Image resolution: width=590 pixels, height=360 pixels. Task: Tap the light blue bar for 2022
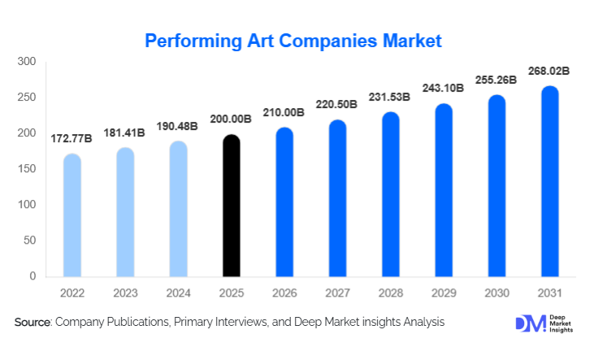point(72,216)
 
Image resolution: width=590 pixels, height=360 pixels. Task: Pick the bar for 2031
point(549,182)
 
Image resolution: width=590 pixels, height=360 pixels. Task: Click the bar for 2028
point(390,195)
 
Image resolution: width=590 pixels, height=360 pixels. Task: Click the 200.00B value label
point(232,119)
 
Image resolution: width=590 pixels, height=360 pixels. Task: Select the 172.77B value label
point(72,138)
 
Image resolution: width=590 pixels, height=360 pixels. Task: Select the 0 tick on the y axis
point(33,276)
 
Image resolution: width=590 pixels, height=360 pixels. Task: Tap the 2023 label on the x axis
point(125,292)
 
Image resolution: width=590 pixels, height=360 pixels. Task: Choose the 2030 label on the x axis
point(496,292)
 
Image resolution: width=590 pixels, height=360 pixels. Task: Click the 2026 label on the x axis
point(284,292)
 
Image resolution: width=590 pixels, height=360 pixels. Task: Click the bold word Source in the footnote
point(33,323)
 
